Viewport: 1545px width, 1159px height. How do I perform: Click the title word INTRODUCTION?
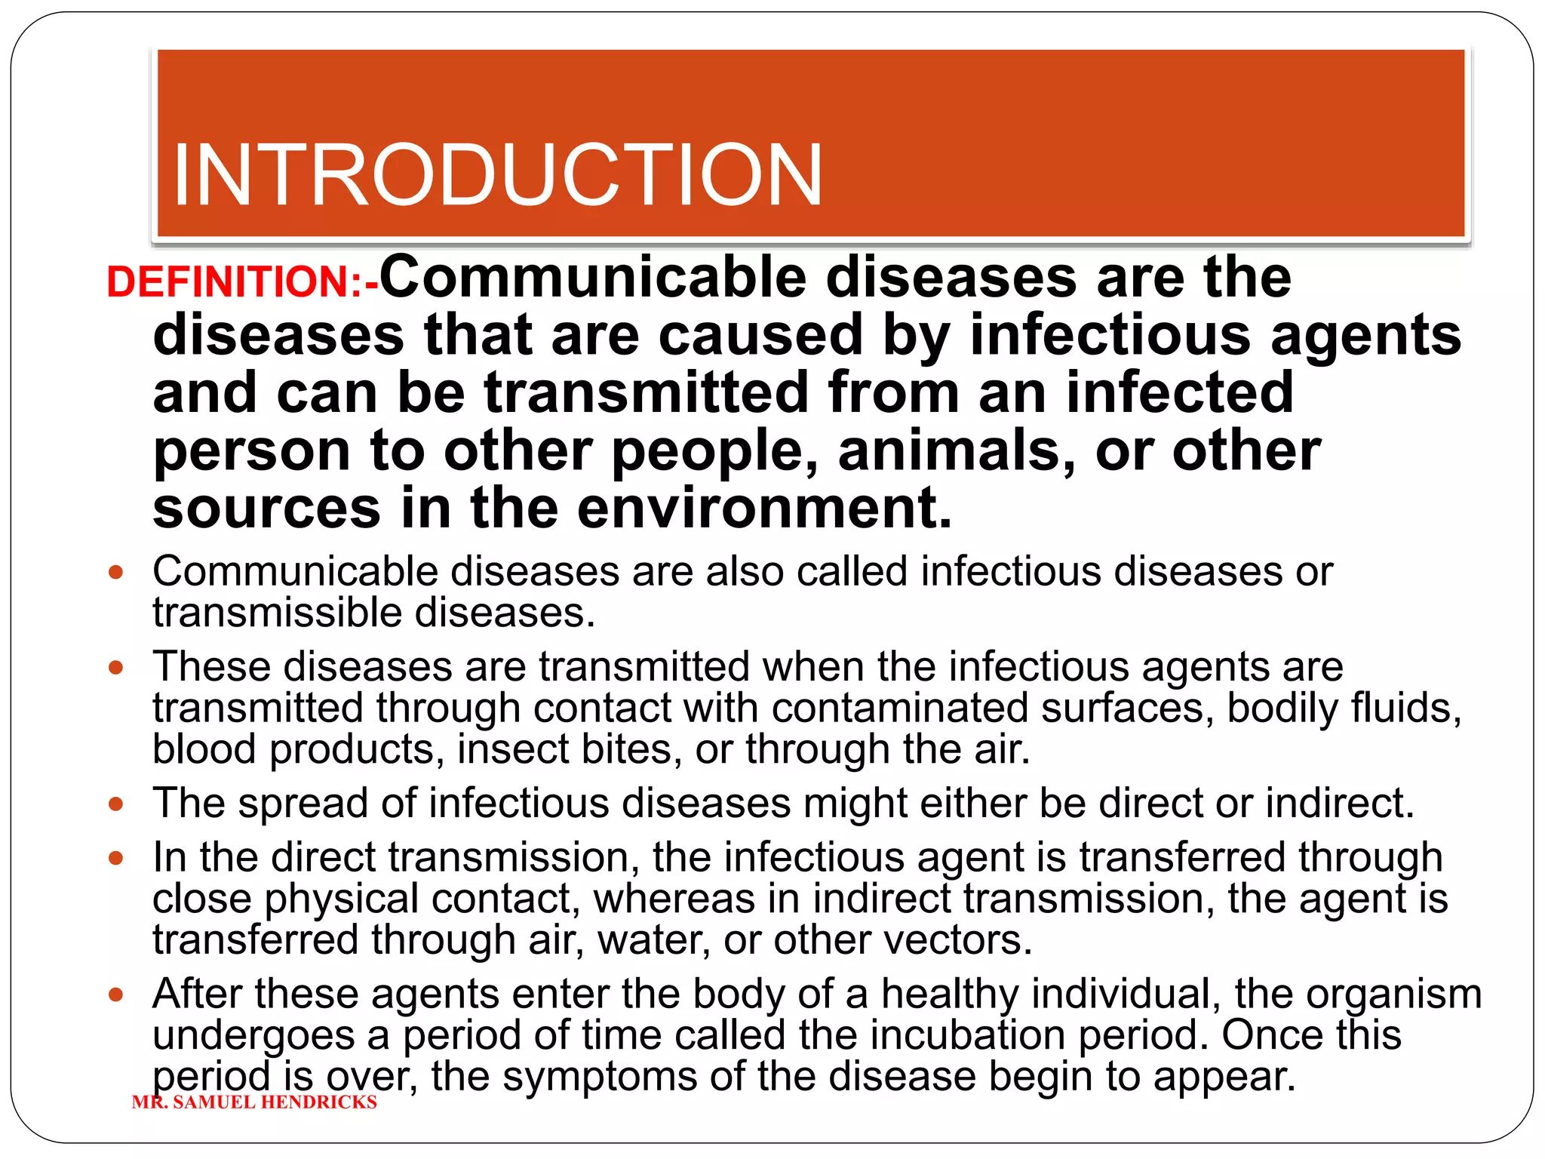click(x=497, y=175)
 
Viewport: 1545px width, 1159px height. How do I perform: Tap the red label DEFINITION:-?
click(x=242, y=282)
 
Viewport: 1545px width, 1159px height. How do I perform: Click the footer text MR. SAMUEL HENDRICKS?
click(x=254, y=1102)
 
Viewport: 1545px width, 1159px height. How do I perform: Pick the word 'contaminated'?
click(x=900, y=708)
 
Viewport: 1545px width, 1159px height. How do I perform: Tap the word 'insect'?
click(x=513, y=749)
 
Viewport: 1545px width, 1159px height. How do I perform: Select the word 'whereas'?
click(x=674, y=899)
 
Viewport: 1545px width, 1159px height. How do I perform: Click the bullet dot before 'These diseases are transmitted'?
click(x=115, y=668)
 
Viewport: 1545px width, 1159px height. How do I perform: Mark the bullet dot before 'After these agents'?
click(x=115, y=995)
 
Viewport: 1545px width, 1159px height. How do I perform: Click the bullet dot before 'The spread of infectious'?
click(x=115, y=804)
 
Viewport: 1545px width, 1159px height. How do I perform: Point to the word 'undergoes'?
click(x=253, y=1035)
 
